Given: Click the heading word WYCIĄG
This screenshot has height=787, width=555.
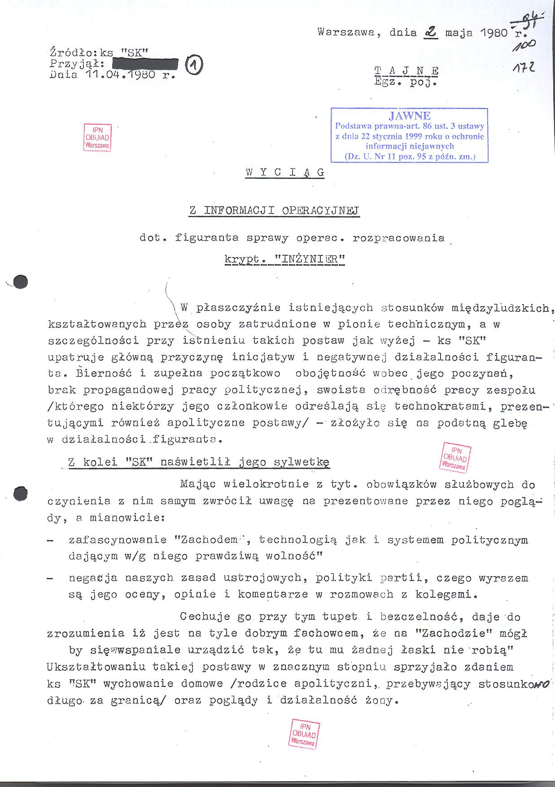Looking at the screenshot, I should click(285, 172).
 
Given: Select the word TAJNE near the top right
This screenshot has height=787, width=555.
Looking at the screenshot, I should click(406, 71).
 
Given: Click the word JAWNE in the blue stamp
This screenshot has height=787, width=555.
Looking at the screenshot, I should click(410, 116).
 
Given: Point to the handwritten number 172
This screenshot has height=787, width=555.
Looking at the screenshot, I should click(525, 68).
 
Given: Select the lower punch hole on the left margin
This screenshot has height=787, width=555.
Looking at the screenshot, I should click(20, 493).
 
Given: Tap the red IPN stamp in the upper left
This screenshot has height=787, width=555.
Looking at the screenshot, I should click(97, 137).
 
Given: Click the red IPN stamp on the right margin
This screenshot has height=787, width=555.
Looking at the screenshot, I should click(455, 457).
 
